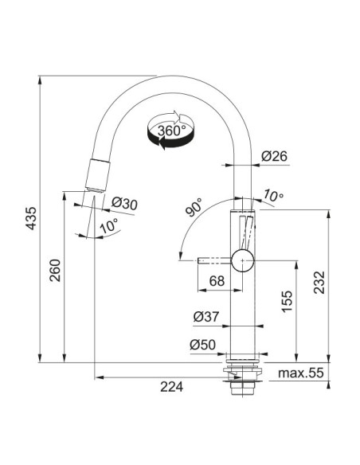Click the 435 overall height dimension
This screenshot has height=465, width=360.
31,218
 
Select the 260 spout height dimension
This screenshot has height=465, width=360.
55,271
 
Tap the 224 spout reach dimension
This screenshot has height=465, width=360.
172,387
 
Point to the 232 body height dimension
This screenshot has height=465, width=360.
319,283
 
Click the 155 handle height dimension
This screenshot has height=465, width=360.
287,302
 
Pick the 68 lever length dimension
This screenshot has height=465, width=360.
217,281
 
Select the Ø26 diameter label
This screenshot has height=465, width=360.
275,156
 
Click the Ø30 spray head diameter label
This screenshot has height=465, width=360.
124,204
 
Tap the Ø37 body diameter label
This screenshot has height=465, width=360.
206,317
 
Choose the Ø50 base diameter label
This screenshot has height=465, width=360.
203,345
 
